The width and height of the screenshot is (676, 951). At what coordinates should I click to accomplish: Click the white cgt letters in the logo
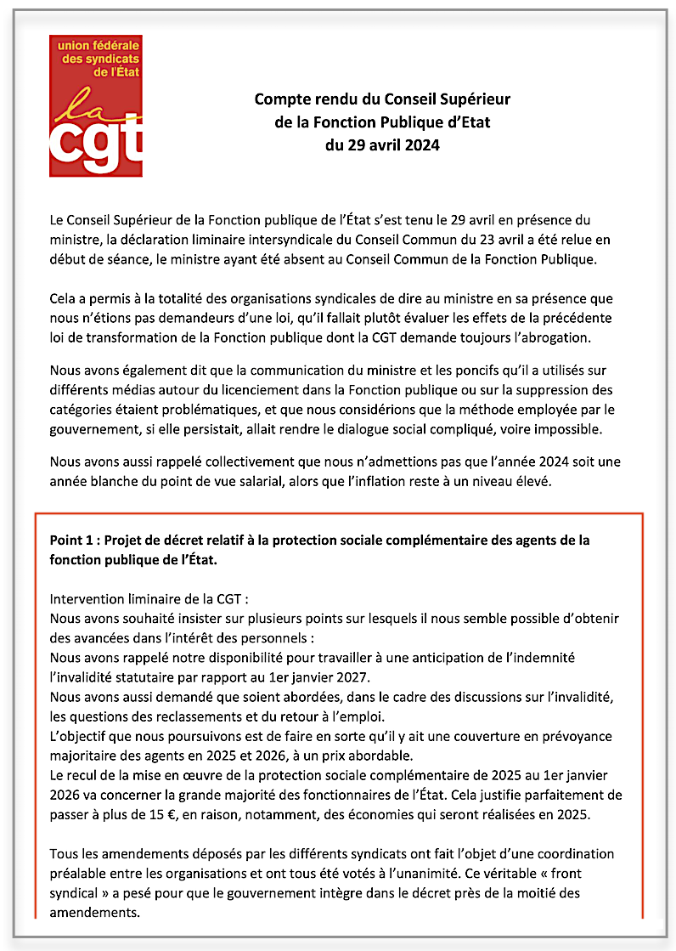(95, 144)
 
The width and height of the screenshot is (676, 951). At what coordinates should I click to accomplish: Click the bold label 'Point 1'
(72, 541)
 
